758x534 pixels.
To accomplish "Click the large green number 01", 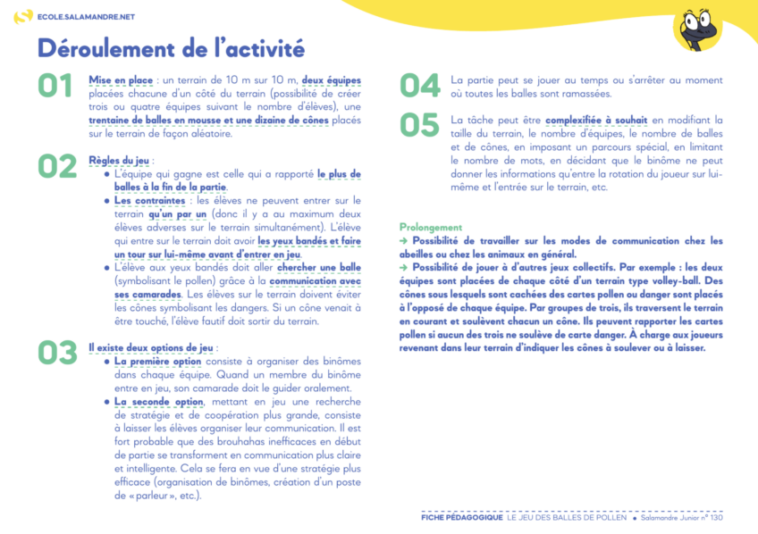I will tap(55, 86).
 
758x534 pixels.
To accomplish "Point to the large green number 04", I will tap(419, 86).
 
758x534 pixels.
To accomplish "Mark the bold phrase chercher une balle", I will tap(319, 267).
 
